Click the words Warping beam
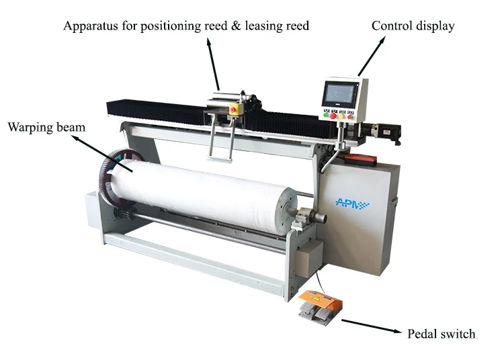pyautogui.click(x=46, y=126)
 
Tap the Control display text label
pyautogui.click(x=413, y=26)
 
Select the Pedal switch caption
pyautogui.click(x=442, y=334)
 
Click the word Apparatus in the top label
pyautogui.click(x=89, y=26)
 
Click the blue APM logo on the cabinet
pyautogui.click(x=352, y=201)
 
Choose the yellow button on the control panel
pyautogui.click(x=341, y=116)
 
